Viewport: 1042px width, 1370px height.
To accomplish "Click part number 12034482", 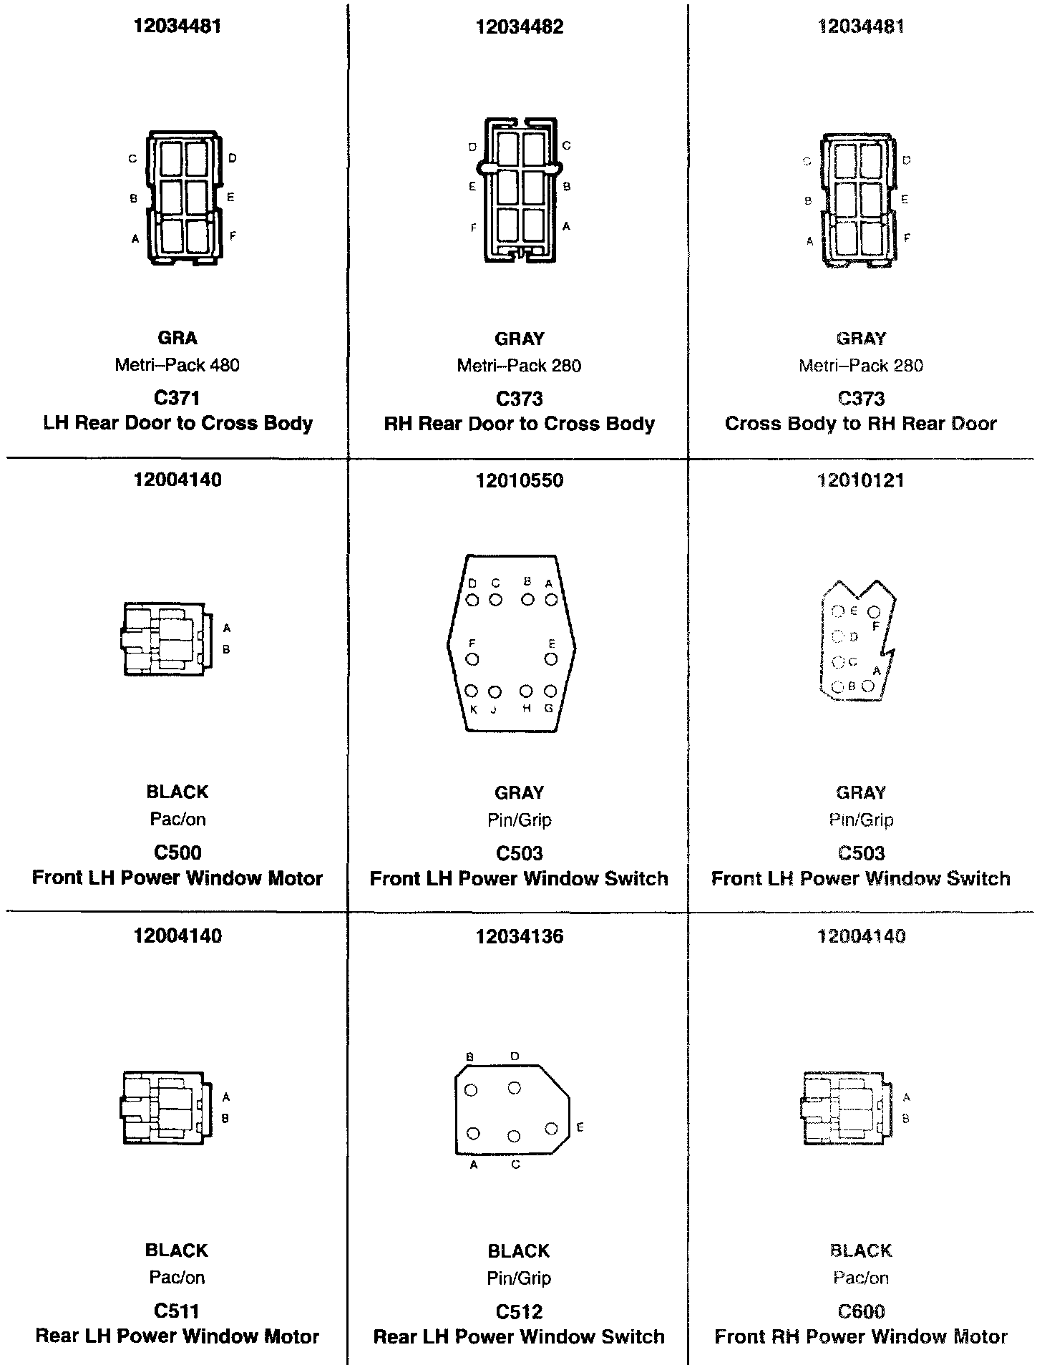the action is click(519, 27).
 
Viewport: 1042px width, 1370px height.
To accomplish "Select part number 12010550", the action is click(519, 481).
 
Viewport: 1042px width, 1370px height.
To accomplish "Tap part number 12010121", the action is click(860, 481).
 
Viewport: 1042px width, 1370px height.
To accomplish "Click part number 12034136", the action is click(519, 936).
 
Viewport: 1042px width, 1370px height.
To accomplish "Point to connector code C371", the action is click(177, 398).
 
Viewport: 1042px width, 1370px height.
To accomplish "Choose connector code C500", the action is click(177, 852).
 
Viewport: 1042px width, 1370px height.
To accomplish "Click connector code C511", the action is click(177, 1311).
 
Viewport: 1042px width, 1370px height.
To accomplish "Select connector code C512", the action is click(519, 1311).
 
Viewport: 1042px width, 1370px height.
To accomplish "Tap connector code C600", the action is click(861, 1311).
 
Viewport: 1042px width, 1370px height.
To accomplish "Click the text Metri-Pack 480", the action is click(177, 365).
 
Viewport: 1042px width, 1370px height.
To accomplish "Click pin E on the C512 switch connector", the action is click(551, 1129).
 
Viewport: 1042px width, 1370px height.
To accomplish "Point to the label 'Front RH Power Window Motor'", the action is click(861, 1336).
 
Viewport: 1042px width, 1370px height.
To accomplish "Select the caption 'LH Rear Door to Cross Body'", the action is click(177, 423).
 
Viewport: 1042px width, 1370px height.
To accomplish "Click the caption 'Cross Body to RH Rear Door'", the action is click(860, 424).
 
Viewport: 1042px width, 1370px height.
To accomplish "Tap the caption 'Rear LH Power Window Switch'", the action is click(519, 1336).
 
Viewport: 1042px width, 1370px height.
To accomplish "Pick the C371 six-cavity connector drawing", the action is click(182, 198).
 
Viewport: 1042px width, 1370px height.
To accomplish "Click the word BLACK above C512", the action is click(519, 1250).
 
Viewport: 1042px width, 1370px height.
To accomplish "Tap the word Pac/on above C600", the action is click(861, 1278).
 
